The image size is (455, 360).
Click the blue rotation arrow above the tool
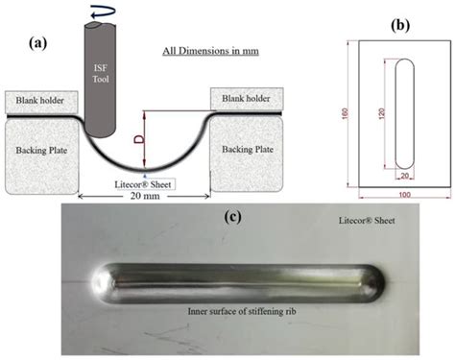[100, 12]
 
